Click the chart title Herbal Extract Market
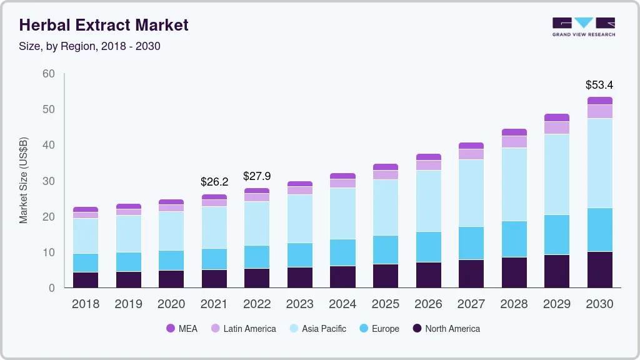(x=104, y=26)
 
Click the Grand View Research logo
(x=583, y=26)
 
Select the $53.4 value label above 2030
(x=599, y=84)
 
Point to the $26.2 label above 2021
(x=214, y=182)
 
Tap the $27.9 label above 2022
(x=257, y=176)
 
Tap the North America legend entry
(x=446, y=328)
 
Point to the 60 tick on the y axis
(x=48, y=74)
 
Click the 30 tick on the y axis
(x=48, y=181)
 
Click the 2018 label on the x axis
(x=86, y=304)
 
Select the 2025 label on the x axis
(x=386, y=304)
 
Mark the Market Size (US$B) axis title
(x=24, y=180)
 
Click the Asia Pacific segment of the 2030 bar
(x=600, y=163)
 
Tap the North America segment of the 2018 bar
(x=86, y=280)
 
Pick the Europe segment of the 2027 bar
(x=471, y=243)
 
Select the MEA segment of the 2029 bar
(x=557, y=117)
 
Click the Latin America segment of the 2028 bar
(x=514, y=142)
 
